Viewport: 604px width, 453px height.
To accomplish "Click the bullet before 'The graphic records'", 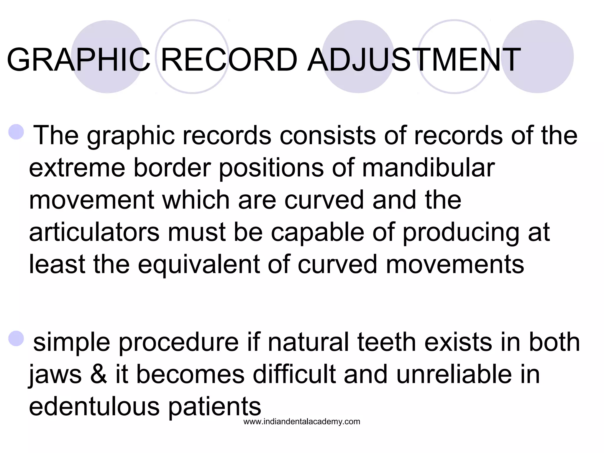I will (x=16, y=132).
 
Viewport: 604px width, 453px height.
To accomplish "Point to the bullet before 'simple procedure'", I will (x=16, y=339).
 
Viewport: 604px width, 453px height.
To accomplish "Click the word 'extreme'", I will (x=77, y=168).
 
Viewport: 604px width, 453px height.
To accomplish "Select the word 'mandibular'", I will (x=428, y=168).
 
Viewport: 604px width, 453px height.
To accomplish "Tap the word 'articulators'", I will (x=94, y=232).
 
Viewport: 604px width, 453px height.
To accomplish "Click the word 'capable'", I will (x=317, y=232).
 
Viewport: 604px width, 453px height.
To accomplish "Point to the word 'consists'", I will (x=327, y=136).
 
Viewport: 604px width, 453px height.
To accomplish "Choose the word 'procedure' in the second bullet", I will (x=179, y=343).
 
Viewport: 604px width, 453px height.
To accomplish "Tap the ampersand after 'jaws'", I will (x=99, y=375).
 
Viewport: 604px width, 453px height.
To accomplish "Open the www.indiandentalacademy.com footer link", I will (x=302, y=422).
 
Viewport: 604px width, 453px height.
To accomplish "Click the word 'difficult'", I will (x=294, y=375).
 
